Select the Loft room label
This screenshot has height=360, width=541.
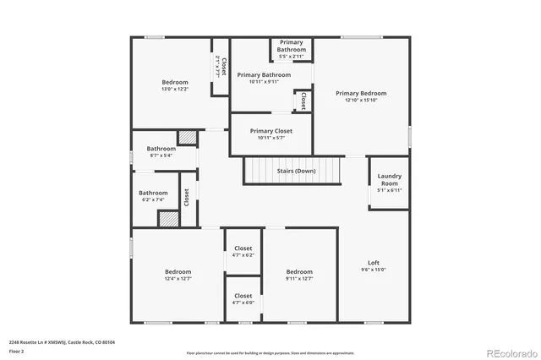tap(373, 262)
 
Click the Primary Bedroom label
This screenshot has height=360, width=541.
tap(361, 93)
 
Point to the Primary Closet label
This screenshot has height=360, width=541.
tap(271, 131)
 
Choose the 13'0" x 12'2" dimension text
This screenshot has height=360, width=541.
tap(174, 89)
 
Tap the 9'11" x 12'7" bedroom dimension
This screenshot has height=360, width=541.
tap(299, 279)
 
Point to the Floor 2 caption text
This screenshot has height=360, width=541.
tap(17, 351)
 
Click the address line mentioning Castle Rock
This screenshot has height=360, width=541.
tap(62, 342)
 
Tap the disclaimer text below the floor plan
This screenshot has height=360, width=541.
tap(270, 352)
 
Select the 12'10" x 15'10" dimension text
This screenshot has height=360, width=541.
tap(361, 101)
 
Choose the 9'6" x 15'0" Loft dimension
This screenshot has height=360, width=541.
tap(373, 270)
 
